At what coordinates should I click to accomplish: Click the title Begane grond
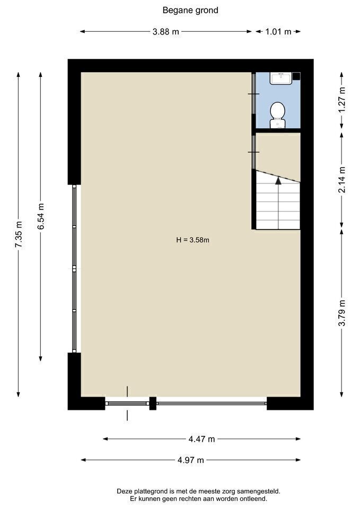(x=190, y=11)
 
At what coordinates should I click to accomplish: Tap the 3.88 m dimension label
(x=165, y=32)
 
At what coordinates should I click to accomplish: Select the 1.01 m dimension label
(x=278, y=32)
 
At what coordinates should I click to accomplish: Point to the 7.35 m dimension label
(x=19, y=234)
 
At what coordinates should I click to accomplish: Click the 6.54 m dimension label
(x=41, y=216)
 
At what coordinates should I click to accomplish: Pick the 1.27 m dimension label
(x=342, y=100)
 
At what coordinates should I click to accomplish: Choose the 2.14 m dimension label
(x=342, y=180)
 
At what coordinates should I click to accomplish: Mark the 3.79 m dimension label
(x=342, y=313)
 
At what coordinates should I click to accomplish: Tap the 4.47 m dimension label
(x=201, y=439)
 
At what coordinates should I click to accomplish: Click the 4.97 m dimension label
(x=191, y=460)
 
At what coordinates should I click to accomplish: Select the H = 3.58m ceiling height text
(x=192, y=240)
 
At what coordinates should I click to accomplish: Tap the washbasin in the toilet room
(x=280, y=78)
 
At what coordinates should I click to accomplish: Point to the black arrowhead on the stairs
(x=278, y=180)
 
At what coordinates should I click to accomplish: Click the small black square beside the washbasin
(x=296, y=76)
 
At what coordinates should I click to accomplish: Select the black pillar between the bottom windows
(x=153, y=403)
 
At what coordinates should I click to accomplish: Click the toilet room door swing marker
(x=254, y=94)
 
